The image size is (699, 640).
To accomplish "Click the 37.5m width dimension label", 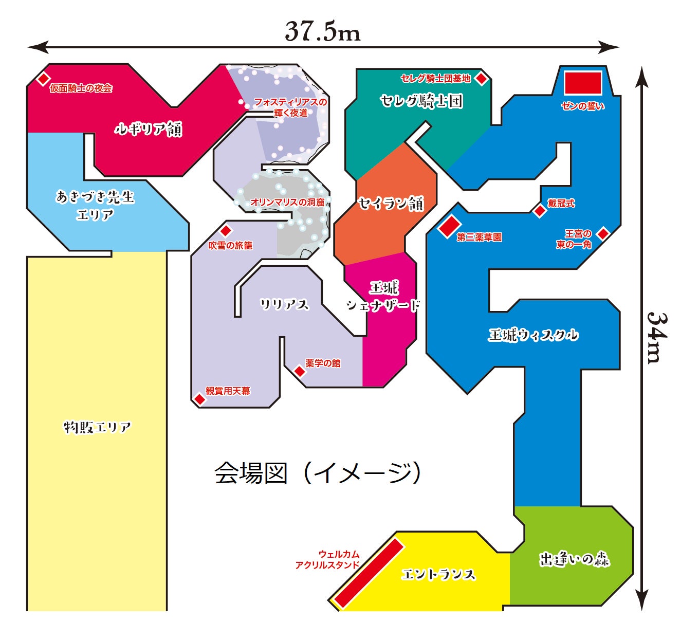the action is [x=323, y=31].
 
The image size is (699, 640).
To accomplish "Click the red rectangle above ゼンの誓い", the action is [x=583, y=83].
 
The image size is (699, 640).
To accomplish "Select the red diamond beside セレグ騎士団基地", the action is [x=481, y=78].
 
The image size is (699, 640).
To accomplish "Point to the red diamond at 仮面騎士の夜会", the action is [x=43, y=79].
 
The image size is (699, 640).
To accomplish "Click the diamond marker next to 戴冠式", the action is [x=540, y=211].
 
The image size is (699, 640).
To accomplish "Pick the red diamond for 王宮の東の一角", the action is [x=602, y=234].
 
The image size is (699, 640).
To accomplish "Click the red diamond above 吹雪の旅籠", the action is [x=226, y=231].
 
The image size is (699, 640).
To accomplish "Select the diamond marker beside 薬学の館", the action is [x=299, y=371].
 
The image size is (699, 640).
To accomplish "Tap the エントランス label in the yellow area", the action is [x=438, y=574].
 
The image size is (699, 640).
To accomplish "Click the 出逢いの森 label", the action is [x=574, y=559].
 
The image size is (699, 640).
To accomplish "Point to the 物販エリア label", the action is [x=97, y=427].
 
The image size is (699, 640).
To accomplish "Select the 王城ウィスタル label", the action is [x=533, y=335].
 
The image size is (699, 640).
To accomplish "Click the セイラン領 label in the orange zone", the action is [x=391, y=204].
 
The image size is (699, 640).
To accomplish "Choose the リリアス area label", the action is [x=284, y=304].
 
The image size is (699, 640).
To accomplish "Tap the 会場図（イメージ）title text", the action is [x=318, y=473].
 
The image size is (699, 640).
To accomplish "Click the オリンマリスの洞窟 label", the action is [x=288, y=203].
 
